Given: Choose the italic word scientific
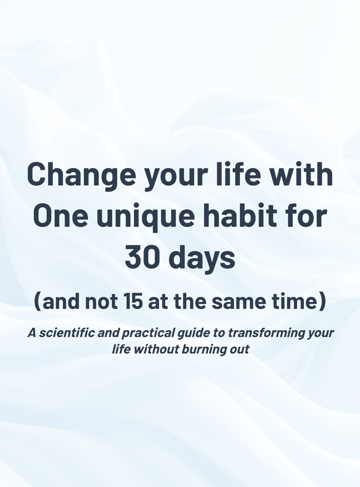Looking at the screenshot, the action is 68,333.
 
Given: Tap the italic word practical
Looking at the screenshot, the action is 149,333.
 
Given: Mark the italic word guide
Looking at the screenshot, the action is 194,333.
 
